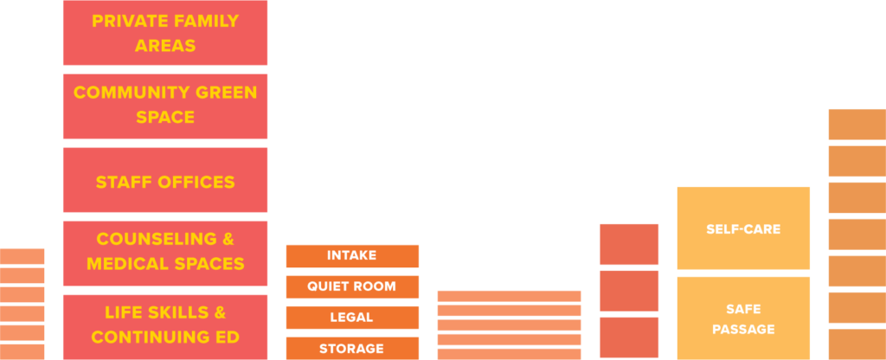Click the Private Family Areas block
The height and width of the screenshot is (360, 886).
[165, 33]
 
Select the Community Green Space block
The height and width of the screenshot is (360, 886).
[165, 106]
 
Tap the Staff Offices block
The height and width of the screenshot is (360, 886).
[165, 180]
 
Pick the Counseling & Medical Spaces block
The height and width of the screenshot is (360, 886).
[165, 254]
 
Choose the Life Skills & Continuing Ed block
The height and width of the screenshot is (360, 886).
[165, 326]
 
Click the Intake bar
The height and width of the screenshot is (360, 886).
[352, 256]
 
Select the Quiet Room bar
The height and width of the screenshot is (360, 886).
[352, 286]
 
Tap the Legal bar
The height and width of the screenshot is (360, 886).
[352, 318]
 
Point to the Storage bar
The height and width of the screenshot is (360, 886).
[352, 348]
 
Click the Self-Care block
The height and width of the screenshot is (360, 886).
[743, 228]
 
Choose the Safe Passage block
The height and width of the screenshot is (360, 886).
[743, 318]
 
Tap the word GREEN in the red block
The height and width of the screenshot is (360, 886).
[230, 93]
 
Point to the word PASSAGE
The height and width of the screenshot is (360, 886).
[743, 330]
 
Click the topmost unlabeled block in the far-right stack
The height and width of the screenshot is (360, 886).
[857, 125]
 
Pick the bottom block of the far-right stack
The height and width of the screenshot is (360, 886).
[857, 344]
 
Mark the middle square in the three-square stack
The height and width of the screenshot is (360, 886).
[629, 291]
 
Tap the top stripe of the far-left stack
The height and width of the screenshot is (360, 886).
[22, 256]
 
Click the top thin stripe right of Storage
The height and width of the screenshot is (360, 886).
[509, 296]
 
